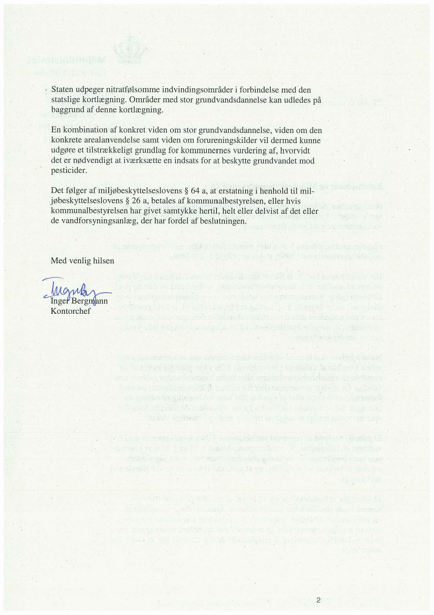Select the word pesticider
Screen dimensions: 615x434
pos(69,170)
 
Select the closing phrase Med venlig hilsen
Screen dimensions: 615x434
pos(82,261)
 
